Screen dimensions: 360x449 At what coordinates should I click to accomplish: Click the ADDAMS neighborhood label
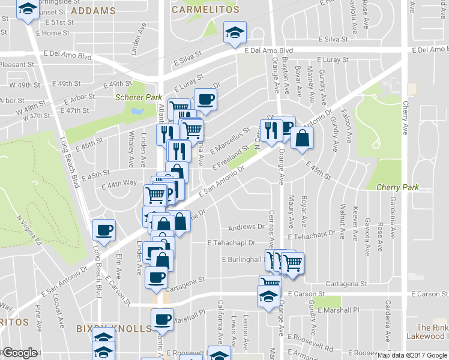[92, 11]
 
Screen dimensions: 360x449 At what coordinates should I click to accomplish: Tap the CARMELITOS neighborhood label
[205, 10]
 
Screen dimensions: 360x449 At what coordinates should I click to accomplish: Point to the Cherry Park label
[397, 187]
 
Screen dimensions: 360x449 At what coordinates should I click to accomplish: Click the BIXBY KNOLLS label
[114, 329]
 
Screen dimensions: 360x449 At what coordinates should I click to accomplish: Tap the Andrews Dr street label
[246, 227]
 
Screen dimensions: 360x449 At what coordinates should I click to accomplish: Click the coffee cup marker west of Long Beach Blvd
[104, 230]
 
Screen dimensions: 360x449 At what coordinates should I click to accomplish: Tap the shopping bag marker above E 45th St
[302, 137]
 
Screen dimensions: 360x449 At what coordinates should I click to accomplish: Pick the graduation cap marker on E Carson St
[268, 295]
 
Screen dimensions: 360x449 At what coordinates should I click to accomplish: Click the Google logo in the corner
[19, 353]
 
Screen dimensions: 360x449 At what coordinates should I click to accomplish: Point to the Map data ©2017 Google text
[412, 355]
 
